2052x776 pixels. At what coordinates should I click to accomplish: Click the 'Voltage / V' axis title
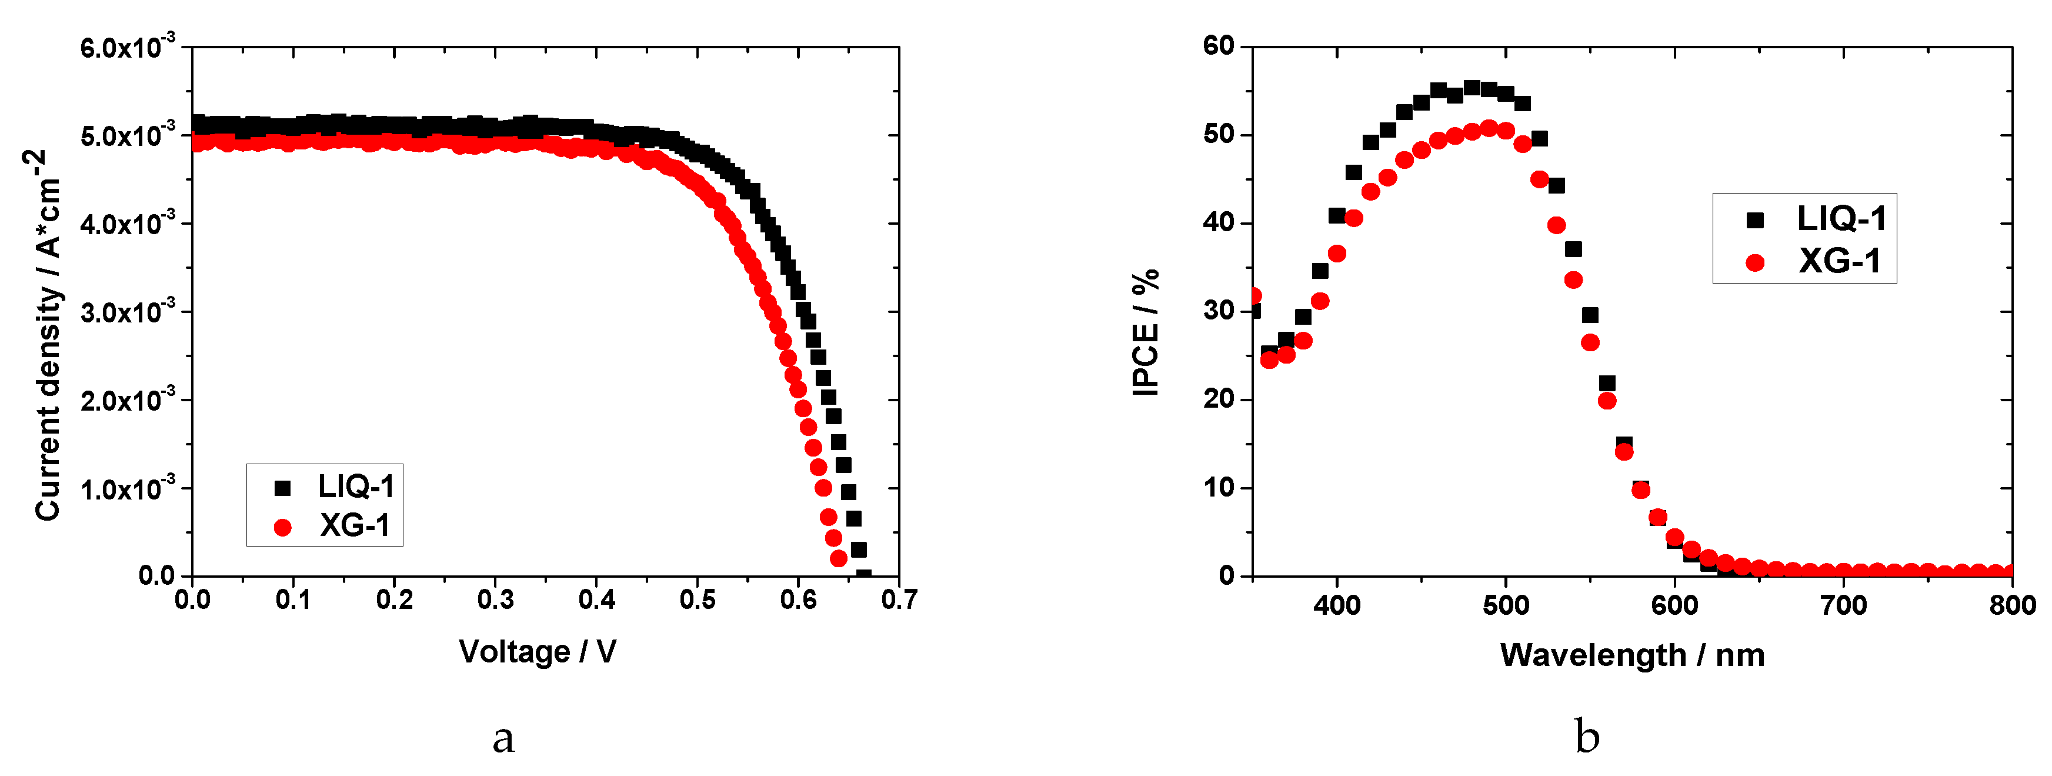coord(538,652)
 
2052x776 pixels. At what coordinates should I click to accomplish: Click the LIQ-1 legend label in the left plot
coord(356,485)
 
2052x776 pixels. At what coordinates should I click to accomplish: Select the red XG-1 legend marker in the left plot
coord(283,527)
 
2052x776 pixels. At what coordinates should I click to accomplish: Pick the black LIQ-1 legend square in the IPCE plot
coord(1755,220)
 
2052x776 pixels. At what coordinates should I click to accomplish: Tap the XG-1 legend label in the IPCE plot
coord(1839,261)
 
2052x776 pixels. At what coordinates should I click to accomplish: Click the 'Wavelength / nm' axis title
coord(1632,655)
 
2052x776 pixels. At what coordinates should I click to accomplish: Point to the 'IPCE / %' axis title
coord(1146,332)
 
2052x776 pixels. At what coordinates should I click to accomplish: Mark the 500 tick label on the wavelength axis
coord(1506,605)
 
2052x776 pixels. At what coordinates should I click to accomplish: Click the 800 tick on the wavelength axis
coord(2012,605)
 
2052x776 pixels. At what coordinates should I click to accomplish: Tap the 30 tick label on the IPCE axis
coord(1219,311)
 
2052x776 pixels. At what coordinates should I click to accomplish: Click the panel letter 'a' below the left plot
coord(503,738)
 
